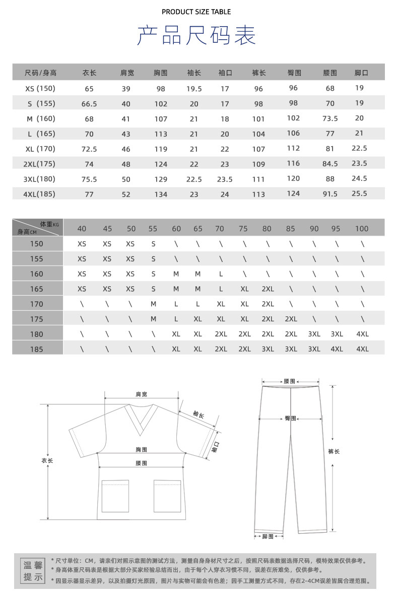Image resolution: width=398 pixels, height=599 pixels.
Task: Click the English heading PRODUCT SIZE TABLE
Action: pyautogui.click(x=196, y=12)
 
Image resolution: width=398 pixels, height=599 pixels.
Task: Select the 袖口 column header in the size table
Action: pyautogui.click(x=225, y=73)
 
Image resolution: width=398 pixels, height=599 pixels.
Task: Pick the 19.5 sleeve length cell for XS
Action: pyautogui.click(x=194, y=89)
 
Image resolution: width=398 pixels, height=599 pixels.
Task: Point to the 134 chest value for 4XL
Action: pyautogui.click(x=161, y=194)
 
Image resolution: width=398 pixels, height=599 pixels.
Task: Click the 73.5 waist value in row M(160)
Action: pyautogui.click(x=330, y=119)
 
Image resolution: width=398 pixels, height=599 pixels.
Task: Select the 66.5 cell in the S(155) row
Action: pyautogui.click(x=89, y=104)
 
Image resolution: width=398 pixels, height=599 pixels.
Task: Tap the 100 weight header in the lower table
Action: pyautogui.click(x=361, y=229)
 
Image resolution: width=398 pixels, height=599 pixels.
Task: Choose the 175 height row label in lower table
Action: pyautogui.click(x=37, y=319)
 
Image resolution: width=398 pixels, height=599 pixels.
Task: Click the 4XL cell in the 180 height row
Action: pyautogui.click(x=362, y=334)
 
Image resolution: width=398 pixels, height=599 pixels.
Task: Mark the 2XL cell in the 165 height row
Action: pyautogui.click(x=268, y=289)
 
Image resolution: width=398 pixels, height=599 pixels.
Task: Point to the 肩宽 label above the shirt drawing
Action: pyautogui.click(x=142, y=395)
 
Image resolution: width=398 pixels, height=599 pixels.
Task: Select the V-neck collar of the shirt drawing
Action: pyautogui.click(x=141, y=420)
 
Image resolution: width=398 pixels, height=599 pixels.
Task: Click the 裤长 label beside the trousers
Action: pyautogui.click(x=334, y=451)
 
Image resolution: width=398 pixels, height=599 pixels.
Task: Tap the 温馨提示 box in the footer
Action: pyautogui.click(x=34, y=570)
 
